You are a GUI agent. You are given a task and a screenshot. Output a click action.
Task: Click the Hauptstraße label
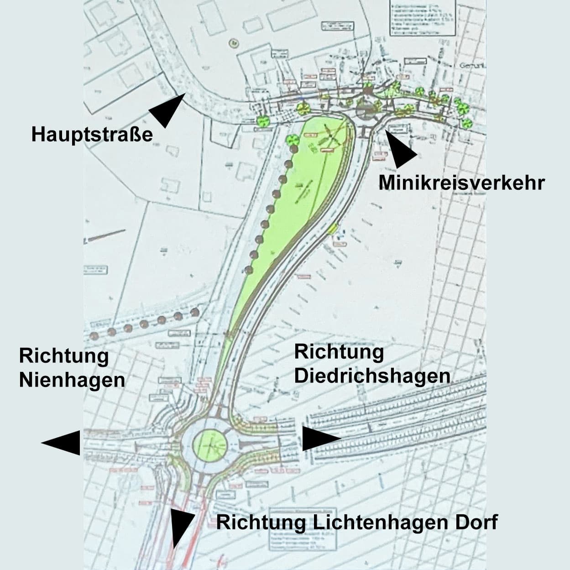92,135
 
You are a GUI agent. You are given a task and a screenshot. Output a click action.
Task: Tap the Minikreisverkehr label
461,183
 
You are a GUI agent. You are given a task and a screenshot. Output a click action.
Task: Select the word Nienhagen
72,380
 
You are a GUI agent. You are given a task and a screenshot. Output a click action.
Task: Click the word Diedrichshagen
372,376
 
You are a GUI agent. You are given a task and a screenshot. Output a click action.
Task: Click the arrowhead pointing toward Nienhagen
62,442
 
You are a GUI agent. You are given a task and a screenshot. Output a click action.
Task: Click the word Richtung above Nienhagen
64,356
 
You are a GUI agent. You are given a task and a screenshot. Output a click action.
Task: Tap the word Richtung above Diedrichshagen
339,352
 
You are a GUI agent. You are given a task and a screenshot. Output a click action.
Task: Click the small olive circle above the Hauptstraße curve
234,43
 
